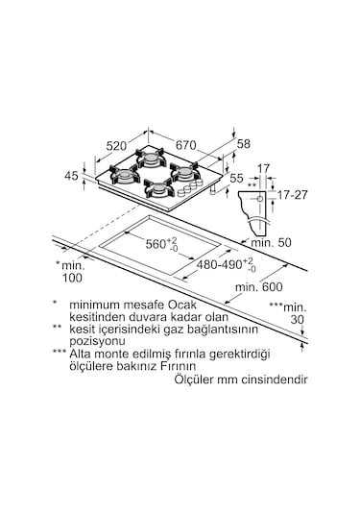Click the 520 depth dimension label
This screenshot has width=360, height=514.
pos(116,146)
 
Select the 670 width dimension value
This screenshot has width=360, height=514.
pos(186,145)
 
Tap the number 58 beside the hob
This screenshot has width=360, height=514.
pos(244,143)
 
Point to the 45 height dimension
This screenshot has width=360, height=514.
pos(71,176)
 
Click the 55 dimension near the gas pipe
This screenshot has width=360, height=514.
pos(236,178)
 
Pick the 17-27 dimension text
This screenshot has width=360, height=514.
pos(293,195)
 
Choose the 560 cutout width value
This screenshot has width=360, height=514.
pos(156,244)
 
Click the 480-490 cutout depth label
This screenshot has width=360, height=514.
pos(219,264)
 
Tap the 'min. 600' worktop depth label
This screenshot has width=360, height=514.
pos(259,287)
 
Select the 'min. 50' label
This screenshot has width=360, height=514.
pos(271,242)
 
